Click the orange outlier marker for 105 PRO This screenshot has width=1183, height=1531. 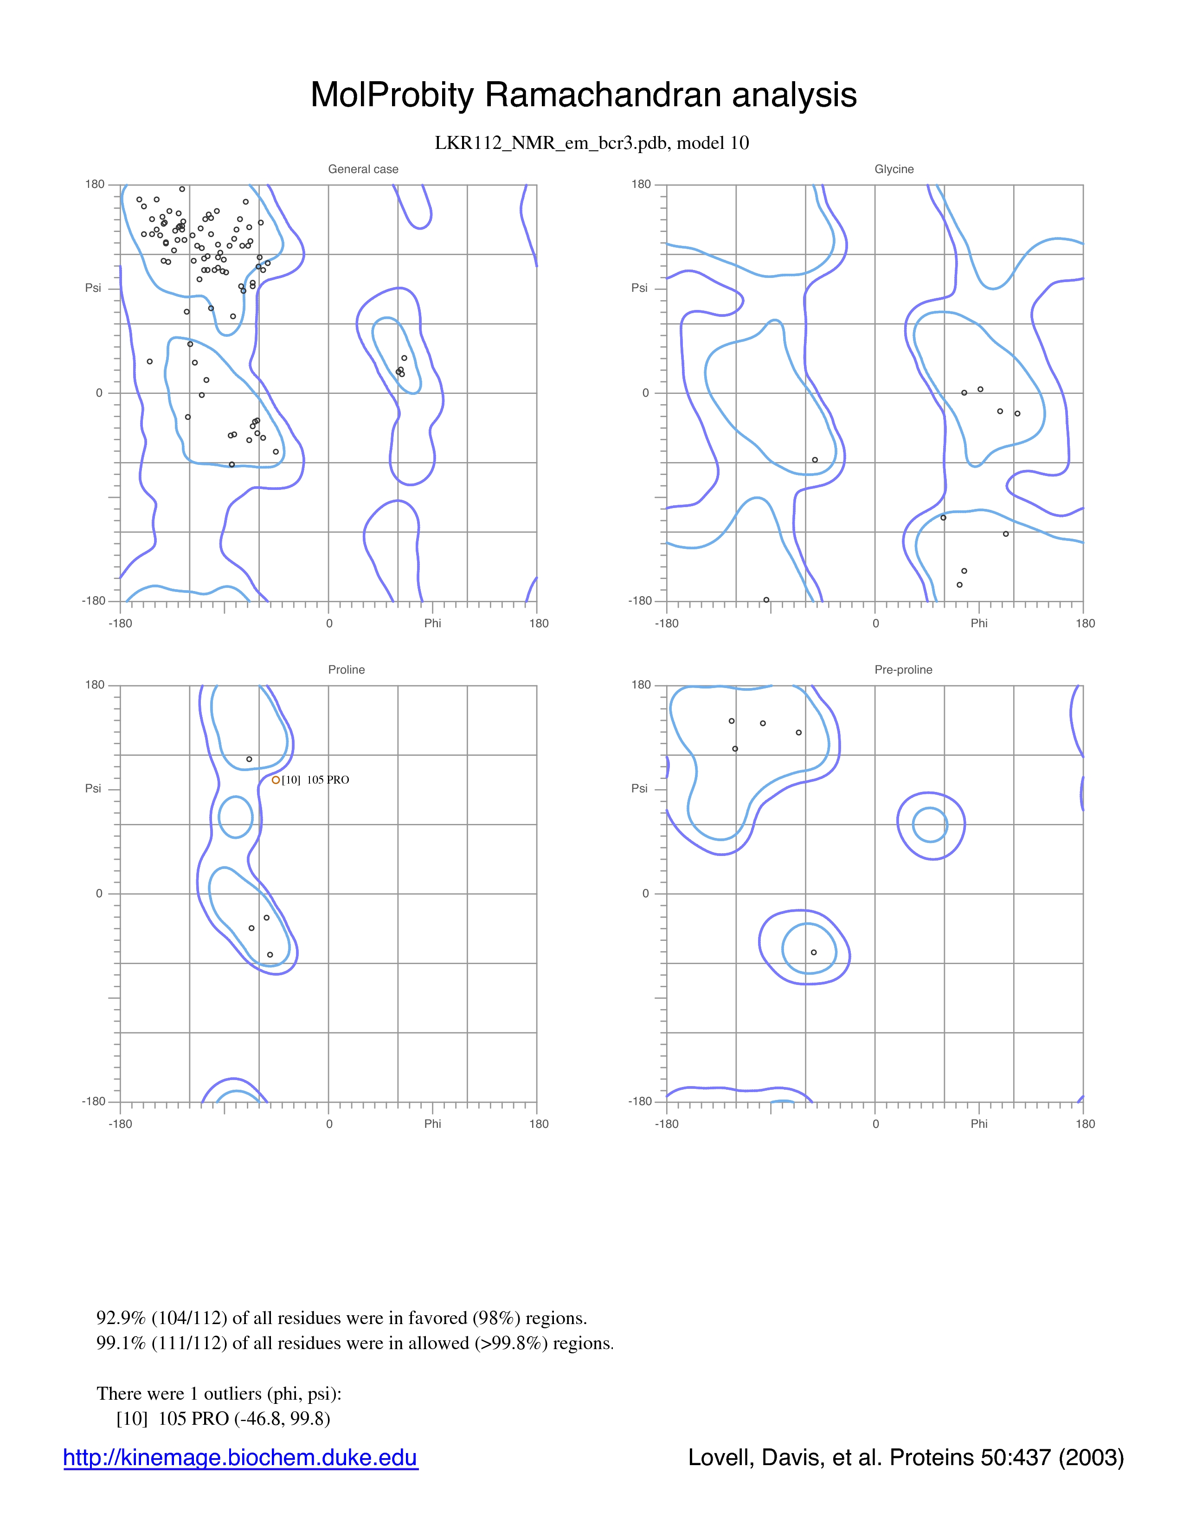coord(276,779)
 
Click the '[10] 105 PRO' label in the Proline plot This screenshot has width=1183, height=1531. coord(315,779)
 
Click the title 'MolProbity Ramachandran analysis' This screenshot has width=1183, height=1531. coord(584,95)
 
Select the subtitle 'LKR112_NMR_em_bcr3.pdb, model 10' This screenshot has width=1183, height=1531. coord(592,143)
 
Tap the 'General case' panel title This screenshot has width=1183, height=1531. coord(363,169)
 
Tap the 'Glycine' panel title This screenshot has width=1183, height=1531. coord(894,169)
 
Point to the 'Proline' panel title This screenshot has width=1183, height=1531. coord(346,669)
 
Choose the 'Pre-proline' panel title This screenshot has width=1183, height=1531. coord(903,669)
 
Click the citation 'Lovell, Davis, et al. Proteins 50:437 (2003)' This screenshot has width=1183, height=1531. coord(906,1457)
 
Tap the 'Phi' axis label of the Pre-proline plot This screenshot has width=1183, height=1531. coord(979,1124)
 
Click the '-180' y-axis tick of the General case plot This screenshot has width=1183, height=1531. coord(93,601)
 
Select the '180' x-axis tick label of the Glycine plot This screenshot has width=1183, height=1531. coord(1085,623)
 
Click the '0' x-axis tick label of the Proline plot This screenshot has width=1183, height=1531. coord(329,1124)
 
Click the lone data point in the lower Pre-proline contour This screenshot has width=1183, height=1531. coord(814,952)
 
